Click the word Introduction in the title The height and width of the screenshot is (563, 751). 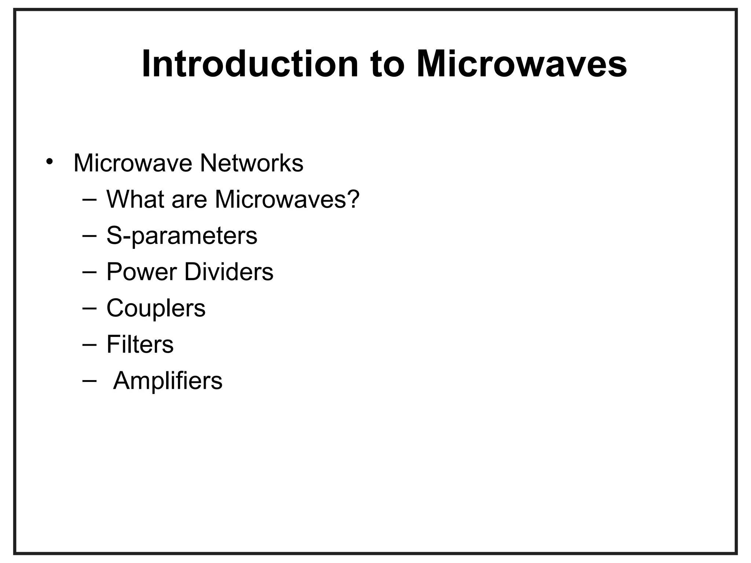(249, 65)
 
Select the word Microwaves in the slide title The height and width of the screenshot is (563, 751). (521, 65)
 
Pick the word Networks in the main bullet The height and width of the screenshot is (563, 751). (252, 163)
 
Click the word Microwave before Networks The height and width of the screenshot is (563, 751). (133, 163)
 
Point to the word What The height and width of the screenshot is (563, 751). (135, 199)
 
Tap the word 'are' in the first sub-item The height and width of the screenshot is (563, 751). (189, 201)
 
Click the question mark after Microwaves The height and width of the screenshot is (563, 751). (353, 199)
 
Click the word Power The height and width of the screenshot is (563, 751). (141, 272)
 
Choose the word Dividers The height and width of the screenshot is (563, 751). (228, 272)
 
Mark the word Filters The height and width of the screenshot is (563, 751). (140, 345)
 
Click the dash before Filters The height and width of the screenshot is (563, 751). (89, 345)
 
